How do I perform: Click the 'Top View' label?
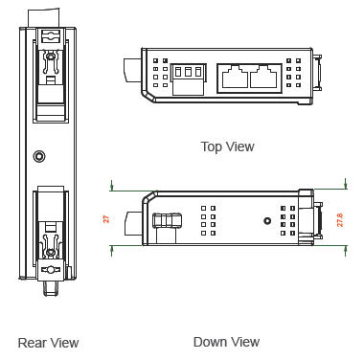[227, 146]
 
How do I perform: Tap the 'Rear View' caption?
[48, 343]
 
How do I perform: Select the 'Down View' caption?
[226, 342]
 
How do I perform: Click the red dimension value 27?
[106, 219]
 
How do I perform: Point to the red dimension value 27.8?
[340, 220]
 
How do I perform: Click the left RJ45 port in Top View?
[235, 77]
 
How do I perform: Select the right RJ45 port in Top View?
[263, 77]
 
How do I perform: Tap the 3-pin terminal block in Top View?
[189, 79]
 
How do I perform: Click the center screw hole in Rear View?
[39, 156]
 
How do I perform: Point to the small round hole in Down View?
[267, 220]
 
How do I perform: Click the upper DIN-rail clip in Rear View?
[51, 75]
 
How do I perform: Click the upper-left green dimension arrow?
[111, 185]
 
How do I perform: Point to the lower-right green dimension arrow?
[346, 251]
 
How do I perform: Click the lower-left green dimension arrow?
[111, 251]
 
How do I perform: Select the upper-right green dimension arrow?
[346, 184]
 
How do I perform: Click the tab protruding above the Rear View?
[44, 18]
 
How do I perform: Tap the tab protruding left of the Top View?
[132, 70]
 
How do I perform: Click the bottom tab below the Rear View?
[51, 288]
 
